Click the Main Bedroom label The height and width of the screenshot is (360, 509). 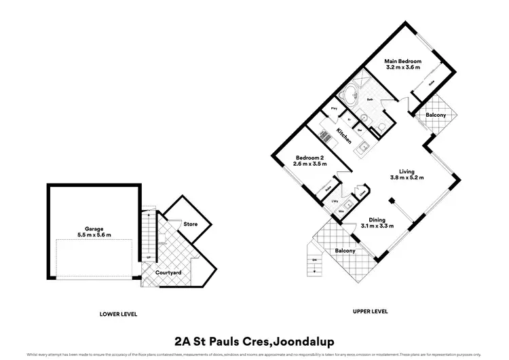(404, 61)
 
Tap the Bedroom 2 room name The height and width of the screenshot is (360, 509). (309, 158)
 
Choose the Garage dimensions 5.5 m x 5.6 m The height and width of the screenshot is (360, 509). (94, 236)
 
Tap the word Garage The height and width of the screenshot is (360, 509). (94, 230)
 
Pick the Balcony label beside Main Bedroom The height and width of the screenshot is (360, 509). (436, 115)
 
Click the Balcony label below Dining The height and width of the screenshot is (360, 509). (345, 251)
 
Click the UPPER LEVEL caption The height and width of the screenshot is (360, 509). (370, 310)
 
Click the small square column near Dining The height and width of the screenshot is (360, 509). (391, 200)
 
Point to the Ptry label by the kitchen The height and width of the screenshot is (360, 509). (334, 109)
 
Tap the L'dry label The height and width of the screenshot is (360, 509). (335, 202)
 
